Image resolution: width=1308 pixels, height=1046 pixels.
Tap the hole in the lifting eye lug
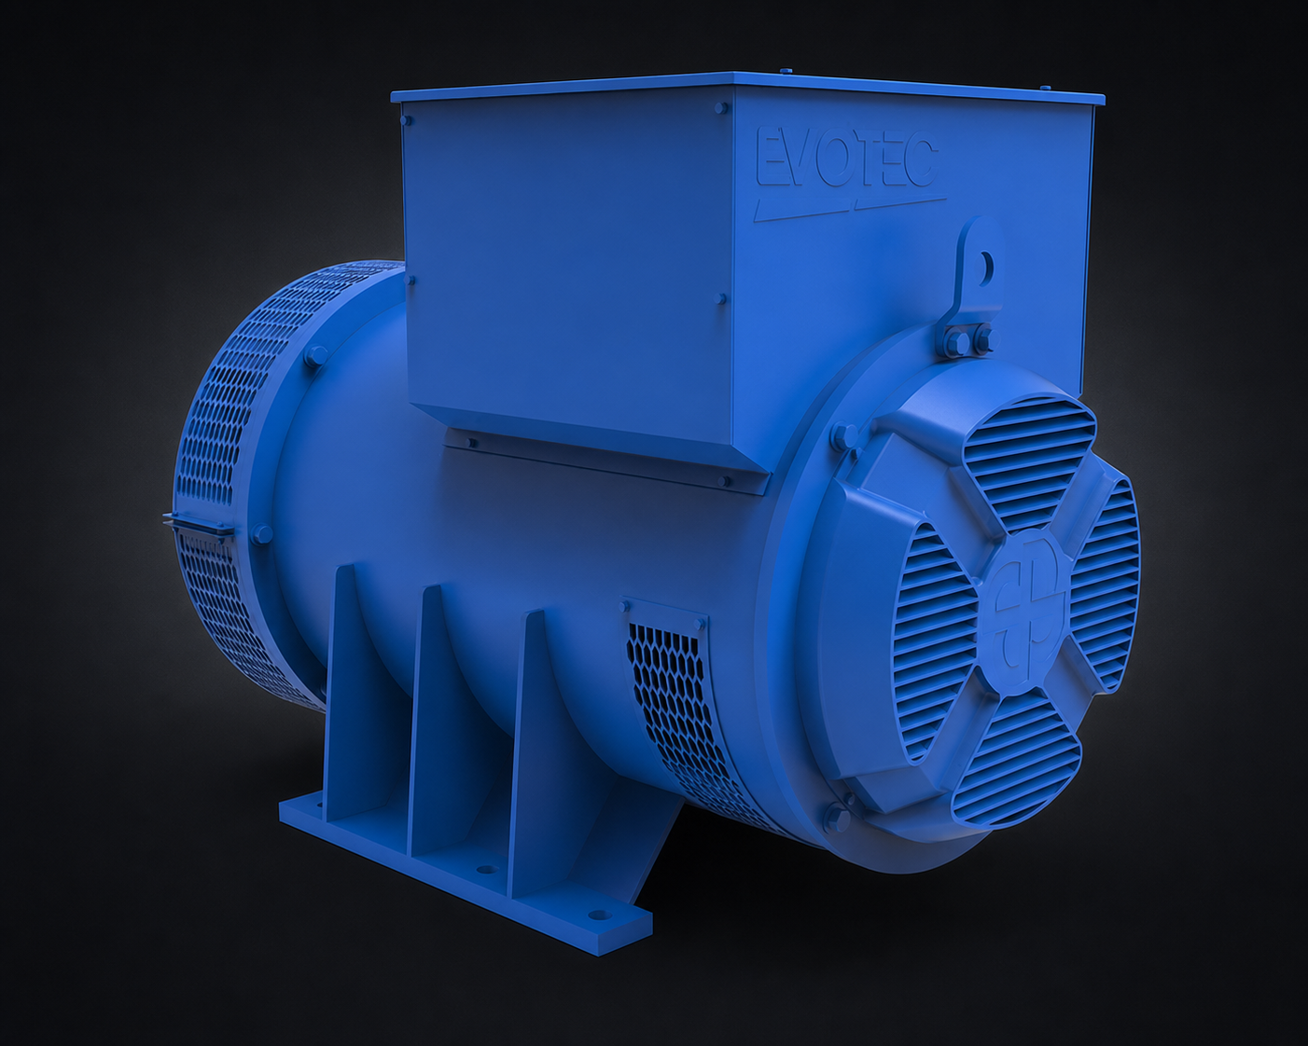click(x=985, y=264)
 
